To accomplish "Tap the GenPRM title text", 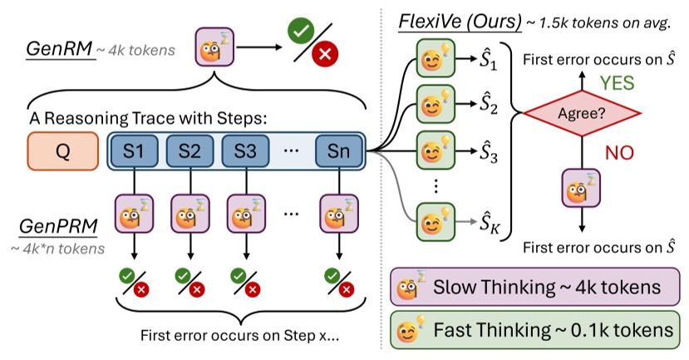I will coord(49,228).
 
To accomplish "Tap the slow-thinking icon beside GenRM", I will coord(210,48).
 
